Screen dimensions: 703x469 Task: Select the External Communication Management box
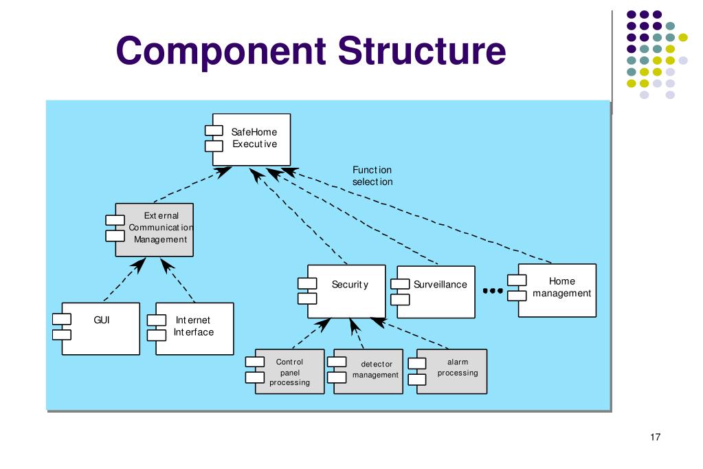click(150, 230)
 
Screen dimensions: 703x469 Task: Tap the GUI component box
click(96, 329)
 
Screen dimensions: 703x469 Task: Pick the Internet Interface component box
click(190, 329)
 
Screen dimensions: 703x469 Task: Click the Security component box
click(342, 292)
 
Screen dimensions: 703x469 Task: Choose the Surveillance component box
click(433, 292)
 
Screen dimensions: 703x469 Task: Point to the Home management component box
click(552, 290)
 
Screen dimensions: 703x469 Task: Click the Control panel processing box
click(285, 371)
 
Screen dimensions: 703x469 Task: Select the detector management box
click(366, 371)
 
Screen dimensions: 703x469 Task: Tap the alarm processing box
click(447, 371)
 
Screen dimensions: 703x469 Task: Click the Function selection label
click(372, 176)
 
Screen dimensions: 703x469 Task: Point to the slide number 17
click(655, 437)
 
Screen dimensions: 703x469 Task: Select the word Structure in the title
click(422, 51)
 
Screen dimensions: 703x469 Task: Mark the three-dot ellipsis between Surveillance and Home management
click(493, 291)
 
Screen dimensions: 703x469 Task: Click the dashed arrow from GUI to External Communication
click(124, 279)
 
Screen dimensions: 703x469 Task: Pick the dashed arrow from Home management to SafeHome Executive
click(416, 215)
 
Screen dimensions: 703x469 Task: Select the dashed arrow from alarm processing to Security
click(409, 333)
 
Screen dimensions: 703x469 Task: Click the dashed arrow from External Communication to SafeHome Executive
click(193, 184)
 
